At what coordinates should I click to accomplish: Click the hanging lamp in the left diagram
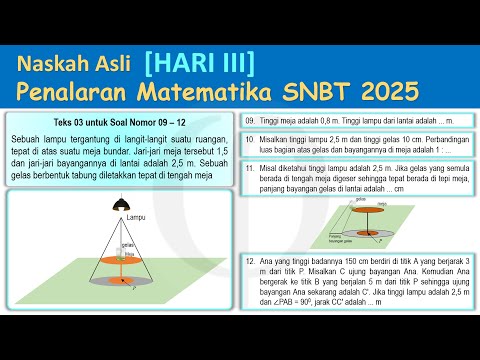121,203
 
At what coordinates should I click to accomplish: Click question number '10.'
250,139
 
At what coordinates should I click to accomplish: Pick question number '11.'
250,171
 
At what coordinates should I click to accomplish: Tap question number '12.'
250,259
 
